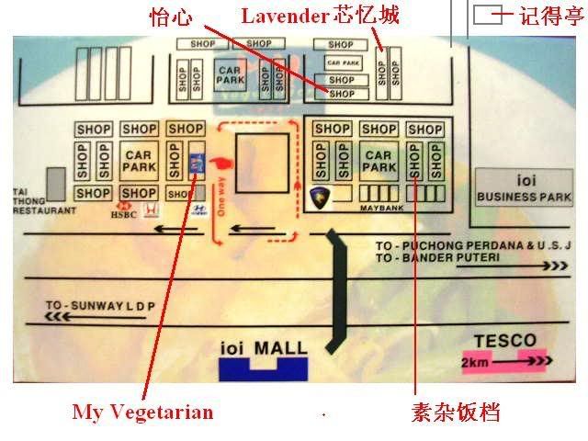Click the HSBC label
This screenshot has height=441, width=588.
(122, 218)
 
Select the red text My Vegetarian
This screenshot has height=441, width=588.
(142, 412)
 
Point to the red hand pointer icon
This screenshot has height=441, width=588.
(221, 163)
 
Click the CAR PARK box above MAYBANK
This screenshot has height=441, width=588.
(379, 161)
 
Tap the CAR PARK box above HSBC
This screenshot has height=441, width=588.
(138, 161)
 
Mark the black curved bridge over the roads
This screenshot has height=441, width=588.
(337, 285)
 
